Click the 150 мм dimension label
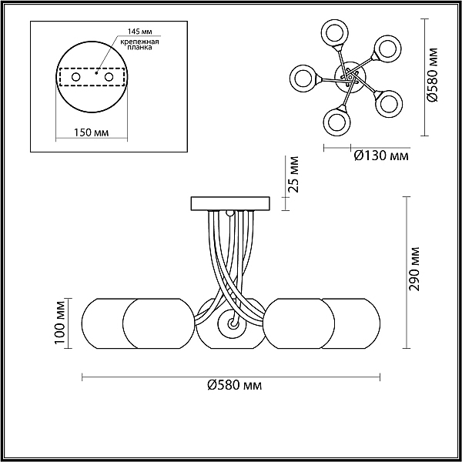(x=91, y=132)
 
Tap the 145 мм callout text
(x=139, y=32)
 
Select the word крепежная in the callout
(x=139, y=42)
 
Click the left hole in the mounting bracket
(x=76, y=77)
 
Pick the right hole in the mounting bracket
(x=109, y=77)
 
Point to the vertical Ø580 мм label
(x=433, y=75)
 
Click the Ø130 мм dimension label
(x=381, y=156)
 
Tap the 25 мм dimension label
(x=293, y=175)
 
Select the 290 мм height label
(x=415, y=269)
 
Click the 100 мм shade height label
(x=59, y=323)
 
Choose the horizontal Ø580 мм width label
(x=235, y=385)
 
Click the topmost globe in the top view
(x=334, y=34)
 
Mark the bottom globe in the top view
(x=337, y=122)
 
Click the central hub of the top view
(x=350, y=77)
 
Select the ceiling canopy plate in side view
(x=230, y=203)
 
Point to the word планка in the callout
(x=139, y=47)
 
